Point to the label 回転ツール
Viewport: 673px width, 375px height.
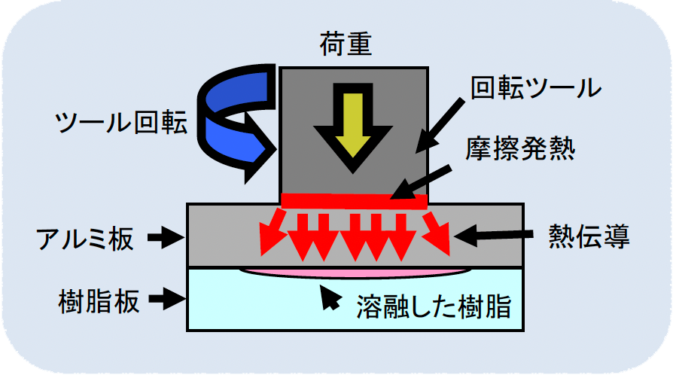point(535,89)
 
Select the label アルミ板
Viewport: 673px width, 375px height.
point(85,239)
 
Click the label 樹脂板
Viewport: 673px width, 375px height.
point(99,302)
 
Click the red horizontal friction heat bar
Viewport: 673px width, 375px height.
point(354,200)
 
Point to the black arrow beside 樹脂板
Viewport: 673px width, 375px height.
point(167,301)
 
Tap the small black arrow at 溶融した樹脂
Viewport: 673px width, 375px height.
point(329,298)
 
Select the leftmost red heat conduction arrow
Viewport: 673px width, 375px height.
point(271,232)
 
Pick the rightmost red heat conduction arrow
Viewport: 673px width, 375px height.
point(437,232)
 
